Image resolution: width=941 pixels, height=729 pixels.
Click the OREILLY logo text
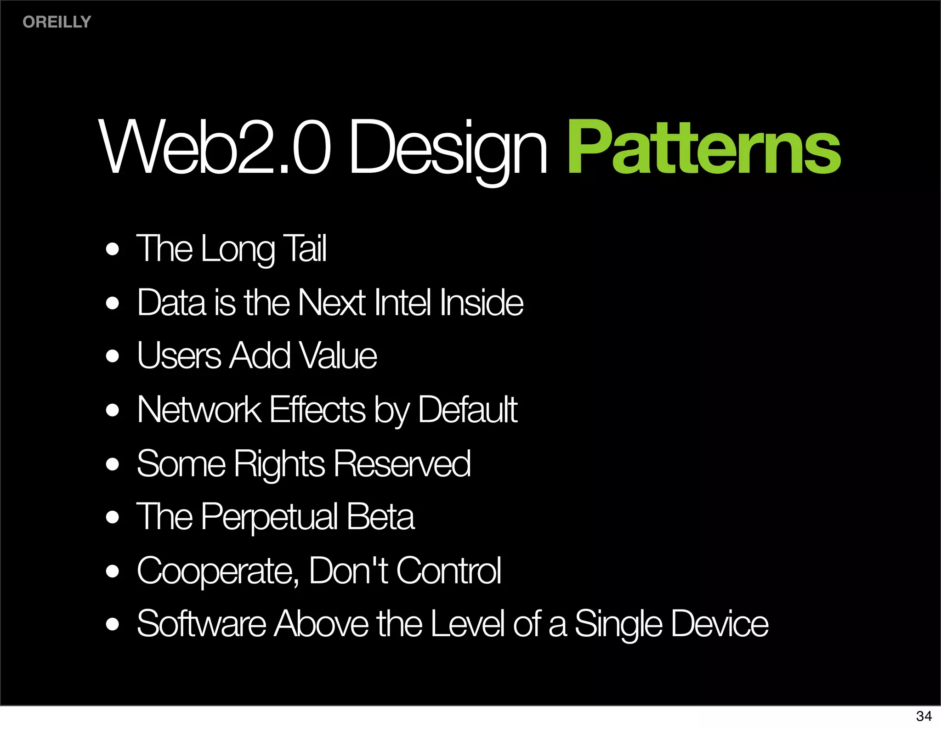click(x=57, y=22)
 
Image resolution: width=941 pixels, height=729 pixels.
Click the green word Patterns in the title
click(x=704, y=148)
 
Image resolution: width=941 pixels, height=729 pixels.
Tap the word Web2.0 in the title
click(x=215, y=148)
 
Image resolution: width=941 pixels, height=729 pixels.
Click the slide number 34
click(x=924, y=716)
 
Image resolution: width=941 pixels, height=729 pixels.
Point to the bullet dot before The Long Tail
click(x=112, y=249)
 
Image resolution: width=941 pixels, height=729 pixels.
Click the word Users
click(x=179, y=356)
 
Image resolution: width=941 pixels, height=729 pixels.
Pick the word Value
click(x=338, y=356)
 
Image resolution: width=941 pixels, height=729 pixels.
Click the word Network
click(x=199, y=409)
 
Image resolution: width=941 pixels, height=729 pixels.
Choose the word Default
click(x=468, y=409)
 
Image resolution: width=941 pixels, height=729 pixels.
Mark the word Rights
click(x=279, y=464)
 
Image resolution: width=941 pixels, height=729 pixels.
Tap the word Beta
click(x=380, y=517)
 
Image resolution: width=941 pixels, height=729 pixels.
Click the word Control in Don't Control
click(x=448, y=571)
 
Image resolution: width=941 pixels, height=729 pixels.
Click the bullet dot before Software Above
click(x=112, y=625)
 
